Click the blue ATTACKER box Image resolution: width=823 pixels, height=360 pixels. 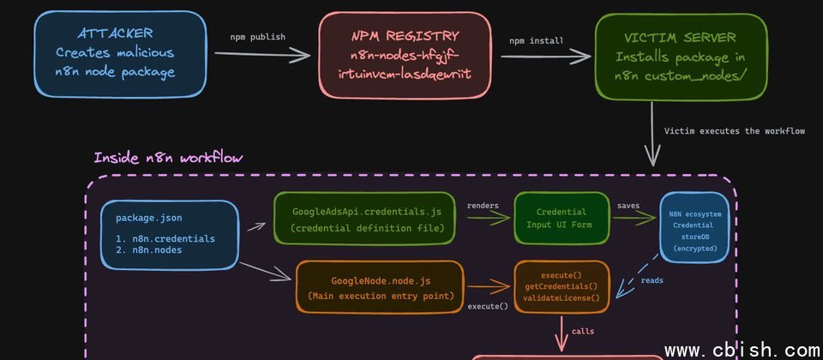click(x=120, y=53)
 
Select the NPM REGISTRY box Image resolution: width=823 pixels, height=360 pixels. click(x=404, y=55)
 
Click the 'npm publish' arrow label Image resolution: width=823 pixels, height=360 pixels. click(x=258, y=38)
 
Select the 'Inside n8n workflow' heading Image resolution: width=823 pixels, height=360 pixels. click(x=168, y=158)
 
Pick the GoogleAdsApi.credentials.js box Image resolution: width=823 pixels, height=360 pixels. click(x=364, y=219)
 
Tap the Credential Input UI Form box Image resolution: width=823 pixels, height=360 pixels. click(x=561, y=219)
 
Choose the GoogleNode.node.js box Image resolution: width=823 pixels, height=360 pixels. click(x=380, y=288)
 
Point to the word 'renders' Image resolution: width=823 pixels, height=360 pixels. click(x=484, y=206)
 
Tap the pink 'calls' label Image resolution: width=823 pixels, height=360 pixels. click(x=583, y=330)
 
